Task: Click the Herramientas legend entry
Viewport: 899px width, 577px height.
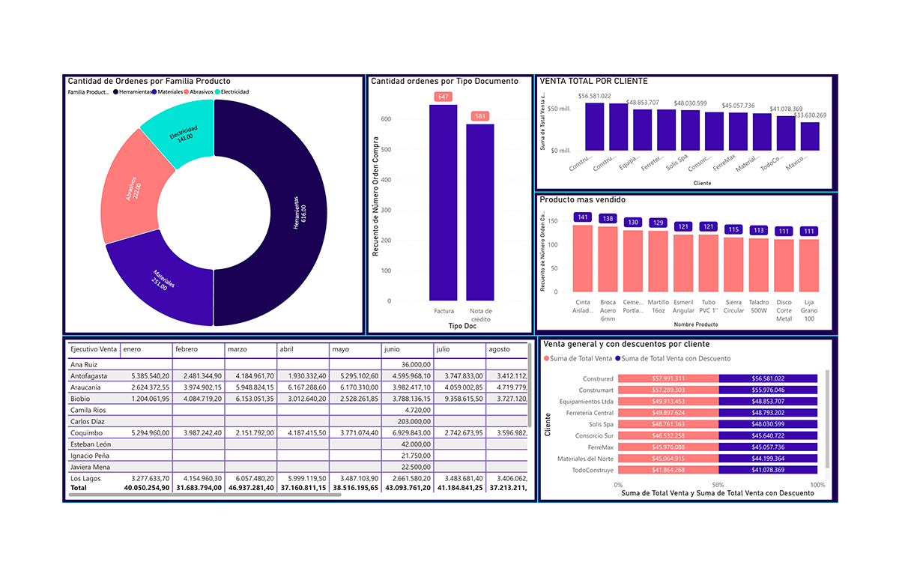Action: coord(134,91)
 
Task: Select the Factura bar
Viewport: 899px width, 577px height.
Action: coord(444,202)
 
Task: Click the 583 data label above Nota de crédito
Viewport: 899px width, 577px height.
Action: coord(480,116)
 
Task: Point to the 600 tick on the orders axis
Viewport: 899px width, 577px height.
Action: coord(385,119)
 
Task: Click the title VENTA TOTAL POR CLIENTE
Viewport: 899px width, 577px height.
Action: coord(594,81)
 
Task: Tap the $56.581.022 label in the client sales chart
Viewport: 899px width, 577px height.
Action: coord(595,96)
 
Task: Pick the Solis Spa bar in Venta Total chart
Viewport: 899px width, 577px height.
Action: coord(690,131)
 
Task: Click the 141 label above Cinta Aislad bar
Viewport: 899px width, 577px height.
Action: coord(582,217)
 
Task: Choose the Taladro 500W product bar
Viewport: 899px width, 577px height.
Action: coord(759,265)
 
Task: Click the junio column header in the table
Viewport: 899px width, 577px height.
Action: coord(392,348)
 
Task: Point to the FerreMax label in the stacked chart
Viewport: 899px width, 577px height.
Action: coord(602,447)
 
